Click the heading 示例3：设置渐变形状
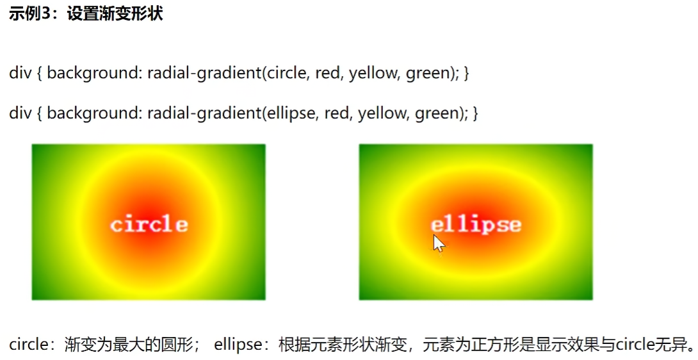[x=86, y=14]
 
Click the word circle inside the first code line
[x=287, y=73]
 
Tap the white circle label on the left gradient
[x=149, y=224]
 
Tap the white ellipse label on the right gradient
[x=476, y=224]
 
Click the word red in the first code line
[x=329, y=73]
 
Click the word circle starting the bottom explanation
[x=28, y=345]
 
